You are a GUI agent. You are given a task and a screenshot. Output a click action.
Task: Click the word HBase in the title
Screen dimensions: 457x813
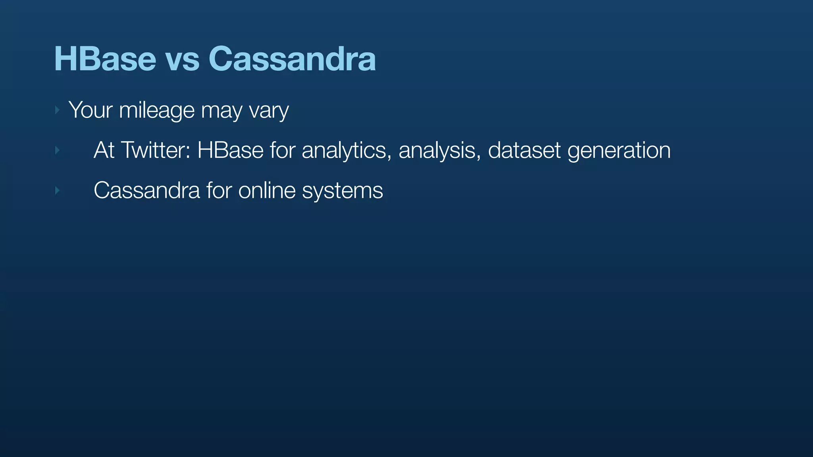pyautogui.click(x=105, y=59)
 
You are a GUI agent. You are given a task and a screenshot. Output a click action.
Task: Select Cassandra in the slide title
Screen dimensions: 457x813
pyautogui.click(x=292, y=59)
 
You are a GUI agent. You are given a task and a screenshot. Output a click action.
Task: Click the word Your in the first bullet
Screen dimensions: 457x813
pyautogui.click(x=91, y=110)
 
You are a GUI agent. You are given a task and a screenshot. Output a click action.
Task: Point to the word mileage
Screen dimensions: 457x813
pyautogui.click(x=157, y=111)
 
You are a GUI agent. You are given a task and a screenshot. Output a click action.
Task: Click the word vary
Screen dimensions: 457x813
pyautogui.click(x=269, y=111)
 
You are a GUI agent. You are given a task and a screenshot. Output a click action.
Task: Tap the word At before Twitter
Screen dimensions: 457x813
pyautogui.click(x=104, y=150)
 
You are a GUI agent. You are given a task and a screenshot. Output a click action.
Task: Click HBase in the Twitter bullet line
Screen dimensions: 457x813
pyautogui.click(x=230, y=150)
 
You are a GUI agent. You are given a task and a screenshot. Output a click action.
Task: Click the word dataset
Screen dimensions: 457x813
pyautogui.click(x=524, y=150)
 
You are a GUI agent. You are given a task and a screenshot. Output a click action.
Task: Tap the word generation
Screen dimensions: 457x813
pyautogui.click(x=619, y=151)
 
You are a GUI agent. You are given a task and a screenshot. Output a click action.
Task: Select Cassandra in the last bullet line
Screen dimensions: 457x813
pyautogui.click(x=146, y=190)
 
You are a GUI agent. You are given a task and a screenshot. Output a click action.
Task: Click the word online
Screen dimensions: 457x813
pyautogui.click(x=267, y=190)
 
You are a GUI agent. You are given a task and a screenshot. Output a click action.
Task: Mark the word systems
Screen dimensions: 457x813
pyautogui.click(x=342, y=192)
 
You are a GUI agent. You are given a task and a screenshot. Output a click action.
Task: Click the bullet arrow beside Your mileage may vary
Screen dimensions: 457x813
pyautogui.click(x=57, y=110)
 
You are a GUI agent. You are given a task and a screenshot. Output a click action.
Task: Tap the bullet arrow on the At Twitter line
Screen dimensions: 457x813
pyautogui.click(x=57, y=150)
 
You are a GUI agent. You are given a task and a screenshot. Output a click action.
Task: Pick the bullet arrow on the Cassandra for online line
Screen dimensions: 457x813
pyautogui.click(x=57, y=191)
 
